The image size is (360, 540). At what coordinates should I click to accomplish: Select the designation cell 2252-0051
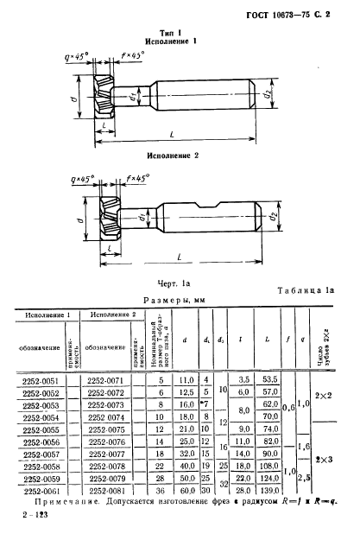(x=39, y=380)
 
